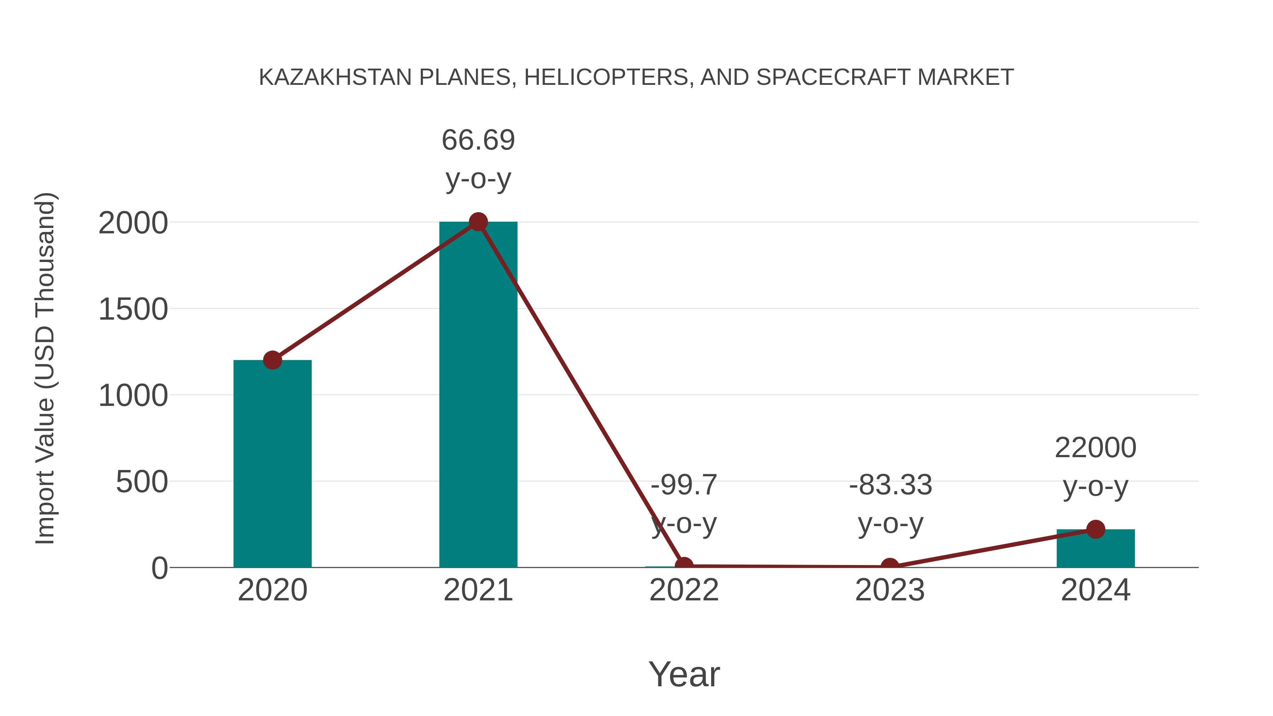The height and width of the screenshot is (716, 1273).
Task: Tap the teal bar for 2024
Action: [x=1095, y=548]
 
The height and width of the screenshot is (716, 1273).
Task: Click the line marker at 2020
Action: [x=272, y=360]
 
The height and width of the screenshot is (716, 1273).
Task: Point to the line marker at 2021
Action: [x=478, y=222]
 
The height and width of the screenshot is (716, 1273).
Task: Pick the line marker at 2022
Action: [x=684, y=565]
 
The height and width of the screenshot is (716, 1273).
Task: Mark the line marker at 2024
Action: [x=1095, y=529]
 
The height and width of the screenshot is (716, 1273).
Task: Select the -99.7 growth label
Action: [x=684, y=503]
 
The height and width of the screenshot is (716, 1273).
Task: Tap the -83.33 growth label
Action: [x=890, y=503]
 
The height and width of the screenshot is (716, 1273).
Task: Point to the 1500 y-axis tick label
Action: [x=133, y=310]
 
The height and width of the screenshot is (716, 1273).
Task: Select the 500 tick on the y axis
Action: [x=141, y=482]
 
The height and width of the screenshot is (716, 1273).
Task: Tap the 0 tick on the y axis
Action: [x=159, y=568]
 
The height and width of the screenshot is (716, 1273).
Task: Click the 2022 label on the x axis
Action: [x=684, y=590]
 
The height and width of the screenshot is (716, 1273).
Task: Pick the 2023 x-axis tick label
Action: [x=890, y=590]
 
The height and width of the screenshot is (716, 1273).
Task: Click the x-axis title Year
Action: [x=684, y=674]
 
